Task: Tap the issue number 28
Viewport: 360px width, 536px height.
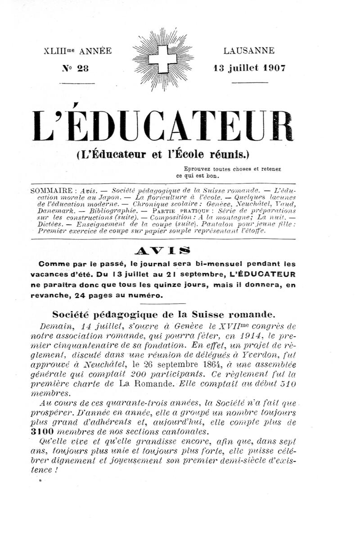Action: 83,69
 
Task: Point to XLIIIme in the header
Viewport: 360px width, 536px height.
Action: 59,51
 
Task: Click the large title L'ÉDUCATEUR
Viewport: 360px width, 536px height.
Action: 163,127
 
